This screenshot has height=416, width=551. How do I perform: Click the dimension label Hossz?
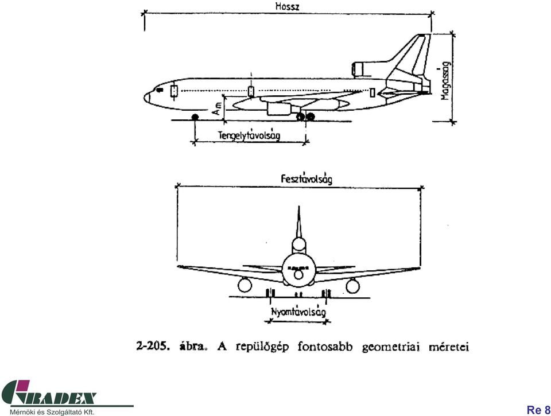coord(287,6)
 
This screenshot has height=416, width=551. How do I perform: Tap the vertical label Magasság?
coord(446,81)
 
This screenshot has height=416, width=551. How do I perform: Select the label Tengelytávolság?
coord(249,135)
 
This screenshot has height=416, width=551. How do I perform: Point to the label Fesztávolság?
coord(306,179)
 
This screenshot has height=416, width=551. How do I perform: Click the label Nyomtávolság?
coord(298,312)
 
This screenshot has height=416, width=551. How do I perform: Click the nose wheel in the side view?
coord(195,117)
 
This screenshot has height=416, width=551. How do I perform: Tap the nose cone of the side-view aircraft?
coord(148,98)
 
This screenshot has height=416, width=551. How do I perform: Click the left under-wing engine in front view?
coord(245,285)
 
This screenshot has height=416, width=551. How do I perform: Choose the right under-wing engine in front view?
coord(352,286)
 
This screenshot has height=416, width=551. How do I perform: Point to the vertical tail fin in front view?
coord(298,222)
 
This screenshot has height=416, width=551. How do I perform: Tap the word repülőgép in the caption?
coord(262,347)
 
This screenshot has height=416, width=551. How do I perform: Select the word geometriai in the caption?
coord(391,347)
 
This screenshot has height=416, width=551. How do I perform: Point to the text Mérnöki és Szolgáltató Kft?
coord(52,412)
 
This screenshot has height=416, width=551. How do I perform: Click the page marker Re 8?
coord(538,410)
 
